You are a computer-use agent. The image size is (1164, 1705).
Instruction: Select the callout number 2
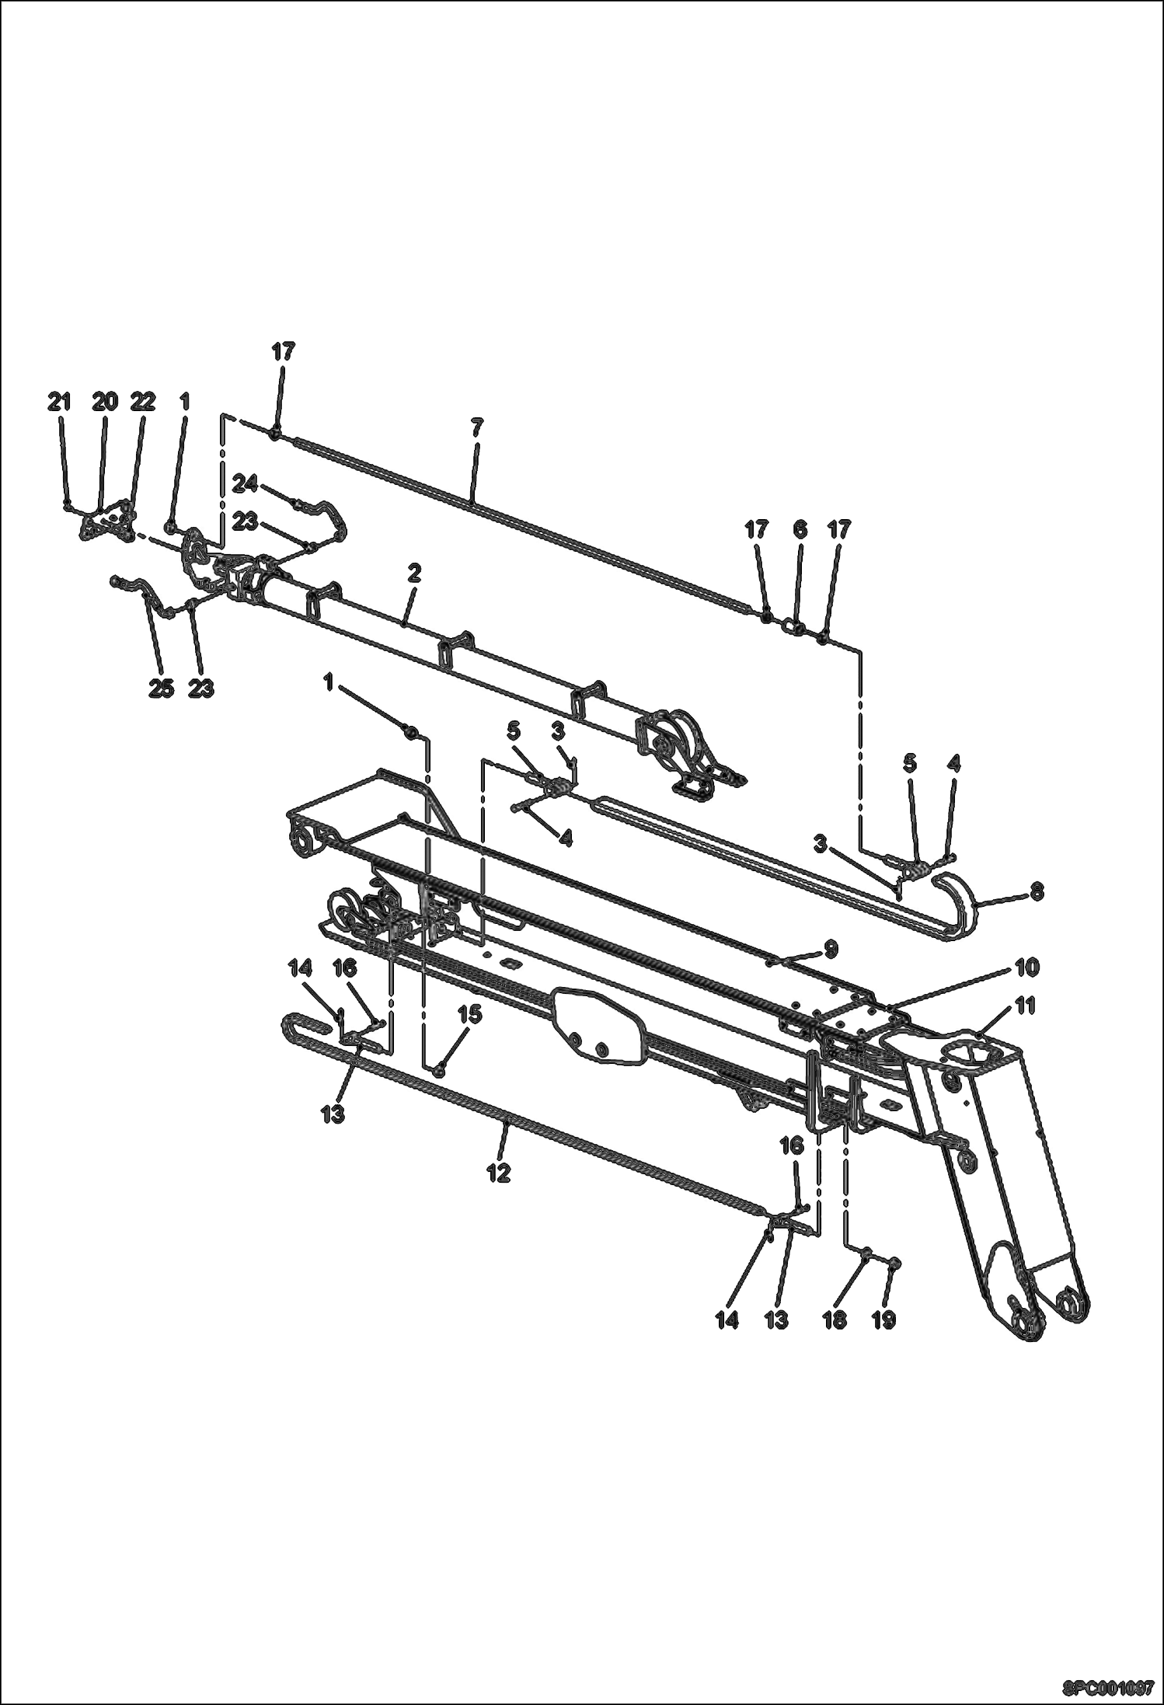pos(413,574)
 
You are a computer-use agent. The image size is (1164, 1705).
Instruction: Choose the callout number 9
pos(831,948)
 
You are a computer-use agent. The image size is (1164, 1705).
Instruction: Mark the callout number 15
pos(469,1014)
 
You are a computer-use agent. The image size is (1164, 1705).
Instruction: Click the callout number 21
pos(59,402)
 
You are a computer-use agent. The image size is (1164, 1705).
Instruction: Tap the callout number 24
pos(245,484)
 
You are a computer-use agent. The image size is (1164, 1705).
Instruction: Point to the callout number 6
pos(800,530)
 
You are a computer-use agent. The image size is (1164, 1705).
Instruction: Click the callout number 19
pos(883,1320)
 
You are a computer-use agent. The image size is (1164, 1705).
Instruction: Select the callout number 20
pos(105,402)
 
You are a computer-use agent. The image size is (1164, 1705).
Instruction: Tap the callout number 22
pos(142,402)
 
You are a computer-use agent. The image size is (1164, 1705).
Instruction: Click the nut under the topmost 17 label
pos(275,433)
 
